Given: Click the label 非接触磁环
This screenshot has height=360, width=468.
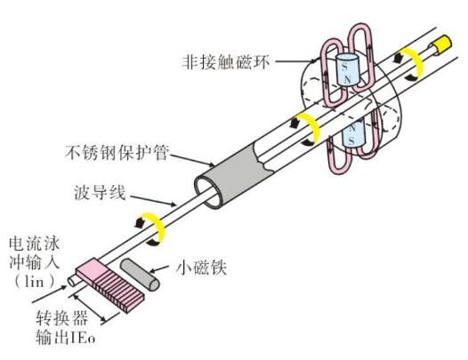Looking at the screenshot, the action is click(226, 62).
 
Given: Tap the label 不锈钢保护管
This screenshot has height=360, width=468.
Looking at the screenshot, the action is click(117, 153).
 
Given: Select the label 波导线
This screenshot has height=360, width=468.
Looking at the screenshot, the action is click(101, 192).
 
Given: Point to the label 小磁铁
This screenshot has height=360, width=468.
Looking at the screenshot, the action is click(201, 268).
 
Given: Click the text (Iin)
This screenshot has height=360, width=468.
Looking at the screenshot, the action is click(35, 281).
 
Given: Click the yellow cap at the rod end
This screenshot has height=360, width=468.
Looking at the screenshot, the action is click(442, 44).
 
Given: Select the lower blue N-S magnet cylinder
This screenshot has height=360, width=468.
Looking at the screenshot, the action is click(354, 133).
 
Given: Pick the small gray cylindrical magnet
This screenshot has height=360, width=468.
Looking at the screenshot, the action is click(140, 275).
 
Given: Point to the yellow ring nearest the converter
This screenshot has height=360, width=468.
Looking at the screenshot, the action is click(157, 228).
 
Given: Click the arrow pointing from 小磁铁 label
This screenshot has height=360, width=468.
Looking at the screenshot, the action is click(161, 268).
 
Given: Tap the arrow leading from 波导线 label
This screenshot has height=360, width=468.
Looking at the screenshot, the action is click(153, 201).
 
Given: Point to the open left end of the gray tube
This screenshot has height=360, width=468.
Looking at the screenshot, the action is click(209, 192).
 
